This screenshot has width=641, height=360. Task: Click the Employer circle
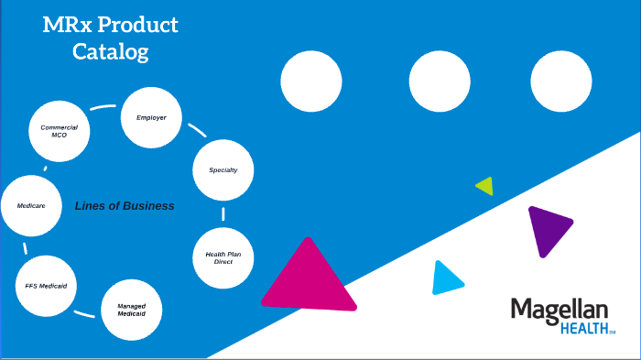(x=151, y=117)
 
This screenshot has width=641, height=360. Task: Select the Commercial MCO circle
(x=60, y=131)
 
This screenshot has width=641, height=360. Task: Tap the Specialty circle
(x=223, y=170)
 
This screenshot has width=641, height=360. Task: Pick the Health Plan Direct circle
(x=223, y=257)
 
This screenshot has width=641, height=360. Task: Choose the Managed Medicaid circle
(x=131, y=310)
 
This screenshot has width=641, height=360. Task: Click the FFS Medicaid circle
(x=45, y=285)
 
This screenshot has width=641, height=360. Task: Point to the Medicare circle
(x=31, y=205)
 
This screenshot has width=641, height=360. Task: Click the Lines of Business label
(x=125, y=206)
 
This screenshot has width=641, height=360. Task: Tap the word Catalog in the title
(x=110, y=52)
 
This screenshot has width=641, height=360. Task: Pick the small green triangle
(x=485, y=186)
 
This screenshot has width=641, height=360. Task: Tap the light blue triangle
(x=445, y=279)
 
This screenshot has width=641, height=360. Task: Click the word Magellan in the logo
(x=560, y=310)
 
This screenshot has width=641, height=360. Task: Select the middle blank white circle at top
(x=440, y=82)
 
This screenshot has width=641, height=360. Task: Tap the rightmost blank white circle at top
(x=561, y=82)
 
